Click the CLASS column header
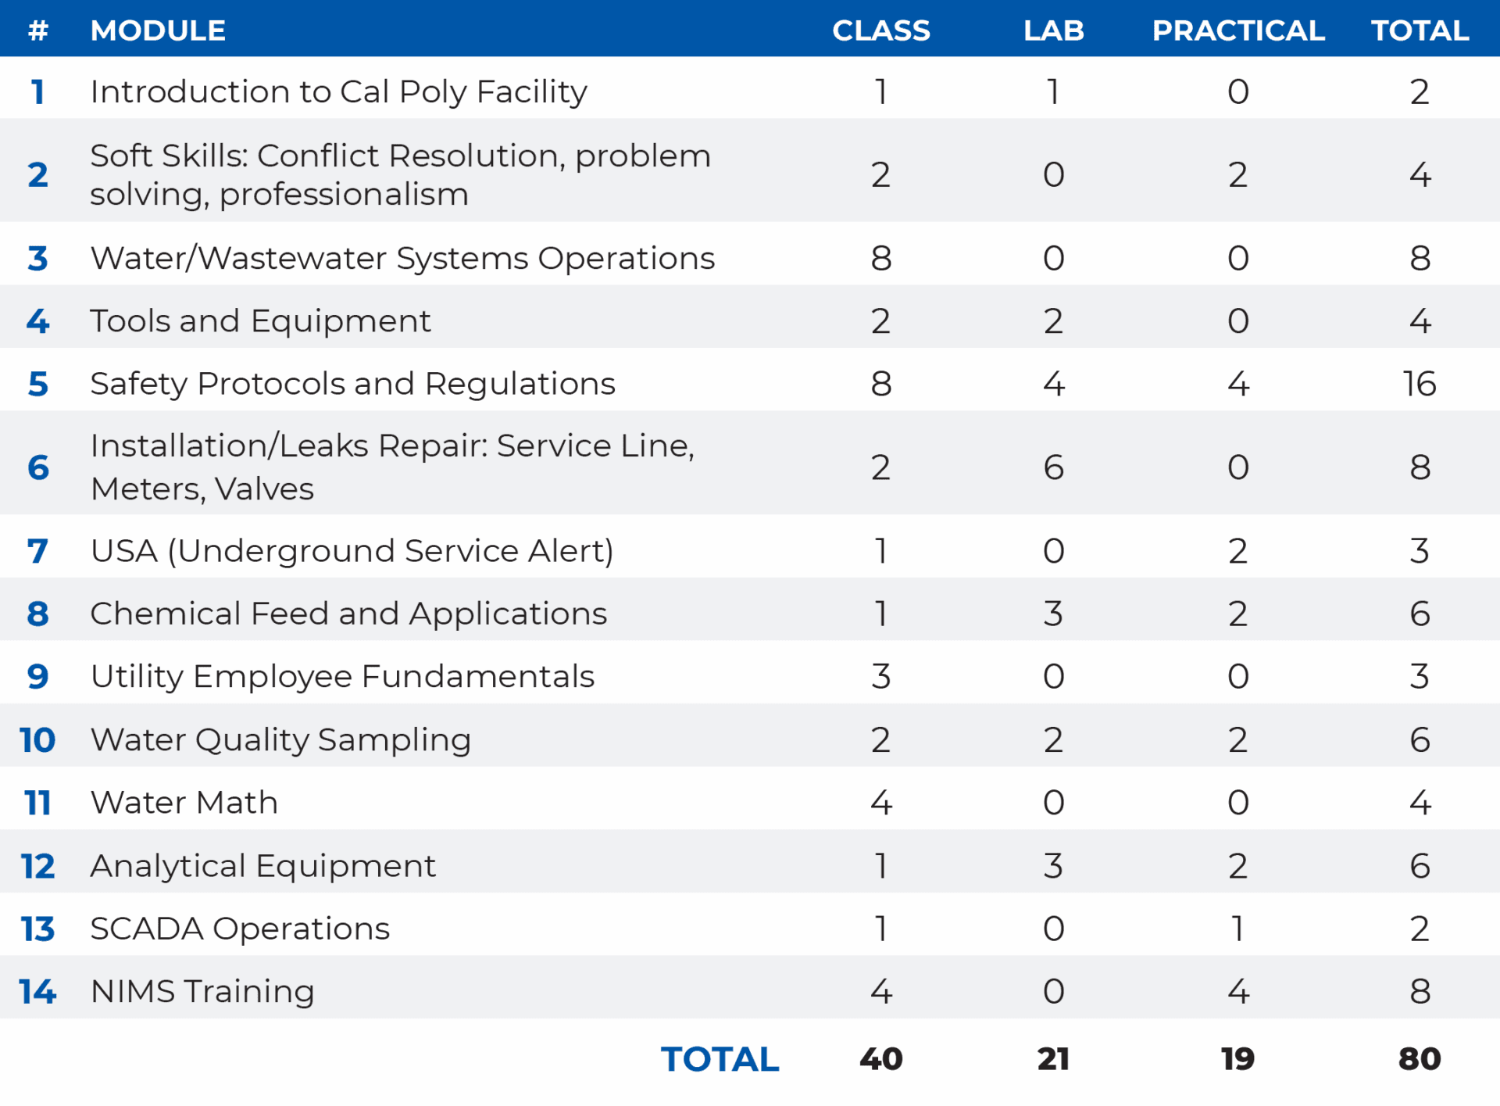(880, 30)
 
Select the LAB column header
(1053, 30)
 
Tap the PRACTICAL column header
(1237, 30)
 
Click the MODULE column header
(158, 30)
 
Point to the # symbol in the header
(37, 30)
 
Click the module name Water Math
(184, 803)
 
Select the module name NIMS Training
(202, 991)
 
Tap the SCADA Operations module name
(240, 929)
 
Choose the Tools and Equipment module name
(260, 321)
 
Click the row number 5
(37, 384)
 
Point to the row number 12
(37, 866)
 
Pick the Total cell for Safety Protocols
(1419, 384)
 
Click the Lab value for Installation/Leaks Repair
(1053, 467)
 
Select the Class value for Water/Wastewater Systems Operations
(880, 258)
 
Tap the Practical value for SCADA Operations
(1237, 929)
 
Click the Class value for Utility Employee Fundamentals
(880, 676)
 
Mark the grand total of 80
(1419, 1059)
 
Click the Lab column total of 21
(1053, 1059)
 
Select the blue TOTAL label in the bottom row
(720, 1059)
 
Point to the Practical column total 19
(1237, 1059)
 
